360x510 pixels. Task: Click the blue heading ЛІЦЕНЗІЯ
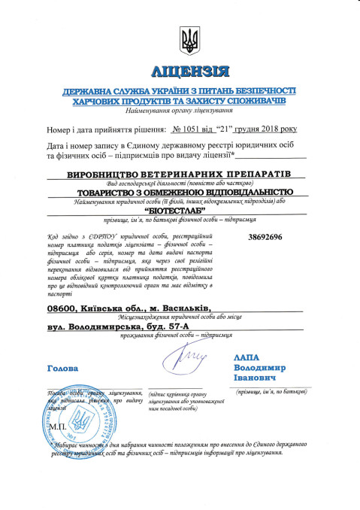pyautogui.click(x=187, y=72)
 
